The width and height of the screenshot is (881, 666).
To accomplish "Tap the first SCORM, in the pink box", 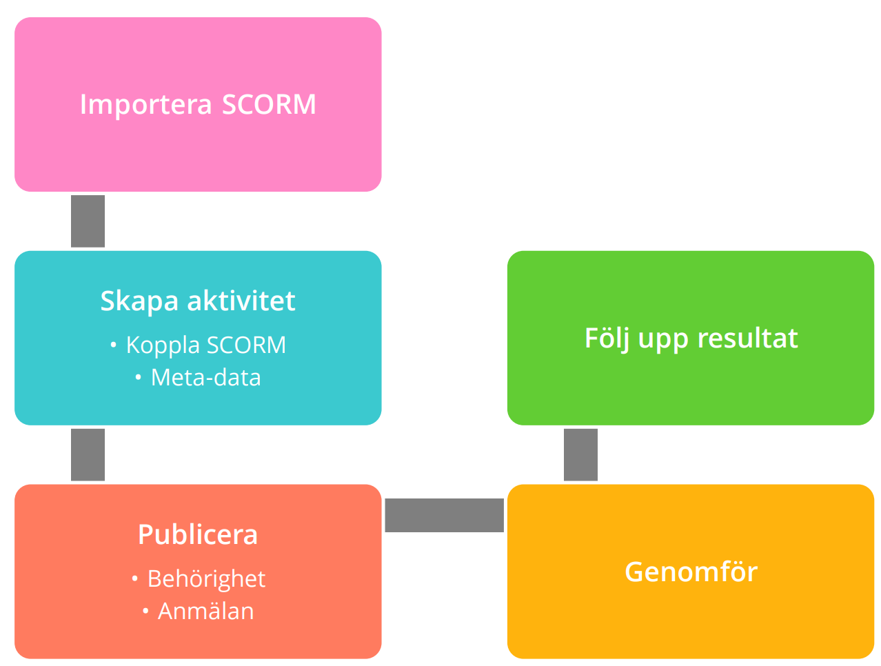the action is [269, 103].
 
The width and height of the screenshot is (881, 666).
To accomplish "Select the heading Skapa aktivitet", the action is [197, 301].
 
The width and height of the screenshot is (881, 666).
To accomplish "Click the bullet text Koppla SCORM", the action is [205, 345].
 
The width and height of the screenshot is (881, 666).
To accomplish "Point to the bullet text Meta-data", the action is [205, 377].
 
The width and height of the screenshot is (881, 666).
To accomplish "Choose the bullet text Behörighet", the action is [206, 578].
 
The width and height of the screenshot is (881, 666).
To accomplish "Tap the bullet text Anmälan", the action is [205, 610].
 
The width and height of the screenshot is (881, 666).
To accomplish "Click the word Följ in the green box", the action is [603, 338].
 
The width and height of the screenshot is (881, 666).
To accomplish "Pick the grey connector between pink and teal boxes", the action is [87, 221].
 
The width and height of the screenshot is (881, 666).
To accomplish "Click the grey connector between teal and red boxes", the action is [87, 454].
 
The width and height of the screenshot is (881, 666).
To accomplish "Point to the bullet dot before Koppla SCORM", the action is [113, 345].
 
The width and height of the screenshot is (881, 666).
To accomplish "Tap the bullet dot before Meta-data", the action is [138, 376].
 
